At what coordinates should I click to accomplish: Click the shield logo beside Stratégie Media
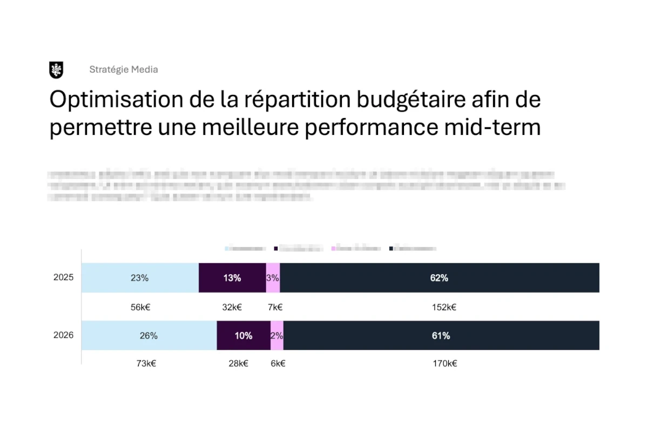[56, 70]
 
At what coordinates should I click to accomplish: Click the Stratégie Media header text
[124, 70]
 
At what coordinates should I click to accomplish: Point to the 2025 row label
[63, 278]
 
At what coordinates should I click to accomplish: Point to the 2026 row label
[63, 335]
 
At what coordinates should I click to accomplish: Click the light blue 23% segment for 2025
[140, 278]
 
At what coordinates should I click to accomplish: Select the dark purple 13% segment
[232, 278]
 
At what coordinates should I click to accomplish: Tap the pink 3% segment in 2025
[273, 278]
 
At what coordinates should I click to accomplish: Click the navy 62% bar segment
[440, 278]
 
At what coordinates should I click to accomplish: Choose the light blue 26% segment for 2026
[148, 336]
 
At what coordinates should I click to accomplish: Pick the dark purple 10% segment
[244, 336]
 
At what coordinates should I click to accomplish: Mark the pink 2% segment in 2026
[277, 336]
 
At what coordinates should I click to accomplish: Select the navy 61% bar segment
[441, 336]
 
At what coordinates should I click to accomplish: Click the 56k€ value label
[140, 308]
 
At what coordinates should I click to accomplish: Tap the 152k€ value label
[444, 308]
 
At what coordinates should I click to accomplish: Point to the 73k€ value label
[146, 364]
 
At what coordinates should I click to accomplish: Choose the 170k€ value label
[444, 364]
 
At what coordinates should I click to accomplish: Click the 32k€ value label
[232, 308]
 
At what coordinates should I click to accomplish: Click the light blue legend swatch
[227, 249]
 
